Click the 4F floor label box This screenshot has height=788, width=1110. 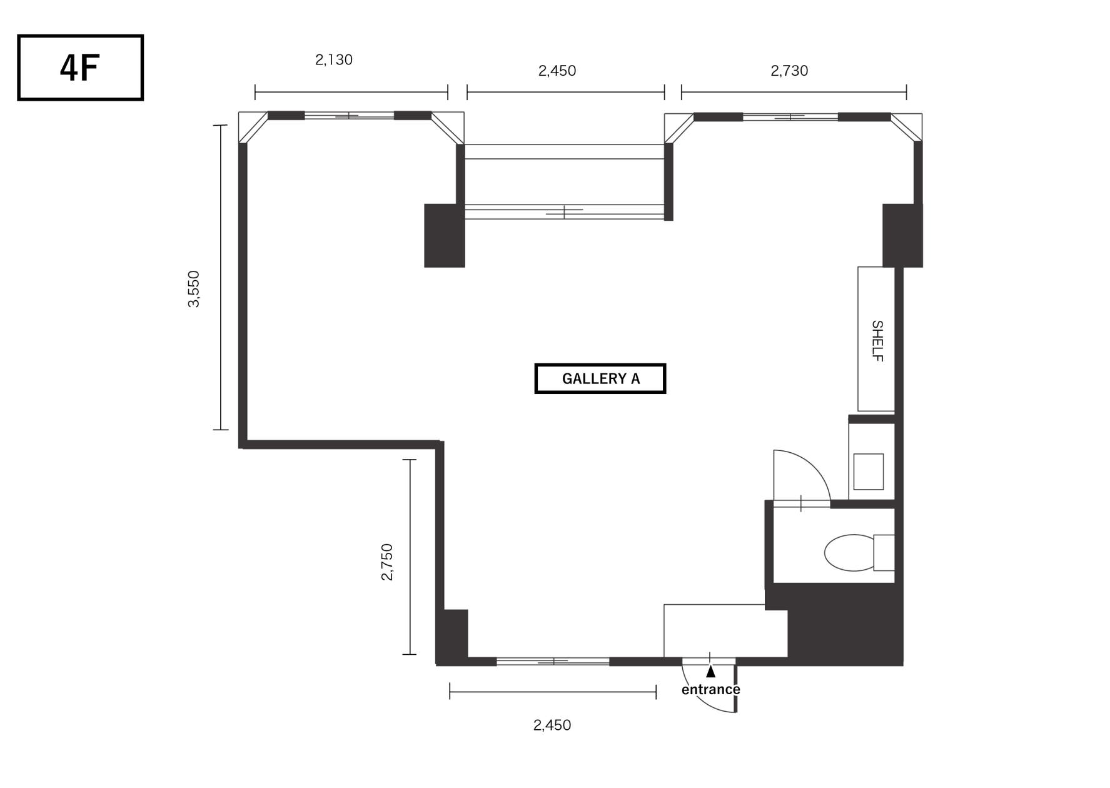pos(80,68)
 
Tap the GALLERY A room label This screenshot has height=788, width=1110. pos(600,378)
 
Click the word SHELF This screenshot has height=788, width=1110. pos(877,341)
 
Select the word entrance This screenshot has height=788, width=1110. pos(710,689)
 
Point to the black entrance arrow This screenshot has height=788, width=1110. pos(710,672)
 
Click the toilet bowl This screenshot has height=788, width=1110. pos(849,553)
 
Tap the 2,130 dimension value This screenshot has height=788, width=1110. pos(334,60)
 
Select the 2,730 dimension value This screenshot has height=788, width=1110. pos(789,71)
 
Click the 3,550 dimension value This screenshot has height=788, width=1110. pos(194,289)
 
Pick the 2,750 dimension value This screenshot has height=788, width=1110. pos(387,562)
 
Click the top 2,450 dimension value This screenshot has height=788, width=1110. pos(557,71)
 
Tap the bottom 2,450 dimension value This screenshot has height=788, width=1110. pos(552,725)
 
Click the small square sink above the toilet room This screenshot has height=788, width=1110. pos(869,472)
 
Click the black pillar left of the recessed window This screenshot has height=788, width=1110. pos(445,236)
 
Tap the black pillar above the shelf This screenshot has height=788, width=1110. pos(902,236)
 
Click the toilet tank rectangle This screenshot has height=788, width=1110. pos(884,553)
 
